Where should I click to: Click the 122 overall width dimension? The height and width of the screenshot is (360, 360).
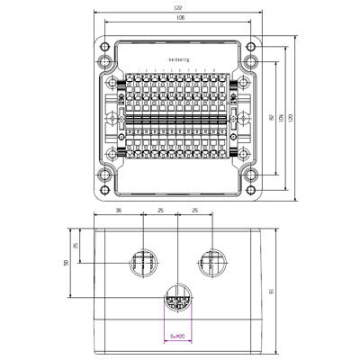[x=179, y=8]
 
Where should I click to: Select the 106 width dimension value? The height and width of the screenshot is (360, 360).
[x=179, y=17]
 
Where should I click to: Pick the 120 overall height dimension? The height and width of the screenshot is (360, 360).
[x=291, y=118]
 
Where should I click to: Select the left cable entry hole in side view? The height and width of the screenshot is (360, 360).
[x=142, y=263]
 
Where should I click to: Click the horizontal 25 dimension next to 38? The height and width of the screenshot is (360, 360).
[x=159, y=213]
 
